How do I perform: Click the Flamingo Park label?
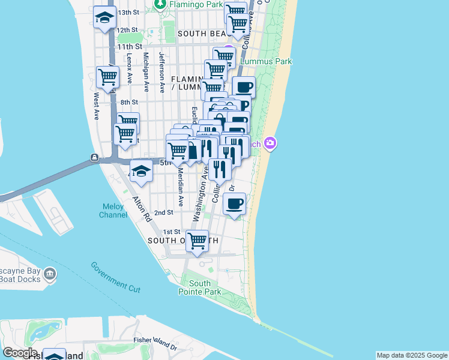[x=187, y=5]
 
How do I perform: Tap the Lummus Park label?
[x=266, y=61]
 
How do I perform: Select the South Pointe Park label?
[x=199, y=287]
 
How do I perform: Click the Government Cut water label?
[x=115, y=277]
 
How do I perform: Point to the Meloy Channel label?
[x=113, y=211]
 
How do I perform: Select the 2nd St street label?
[x=163, y=212]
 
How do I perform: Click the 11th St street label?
[x=130, y=46]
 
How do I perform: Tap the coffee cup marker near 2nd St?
[x=235, y=203]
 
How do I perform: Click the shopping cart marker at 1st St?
[x=197, y=241]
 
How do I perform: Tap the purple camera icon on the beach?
[x=271, y=143]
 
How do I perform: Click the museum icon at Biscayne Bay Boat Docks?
[x=49, y=275]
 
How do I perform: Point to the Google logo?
[x=20, y=353]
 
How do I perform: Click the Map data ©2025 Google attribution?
[x=412, y=355]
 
